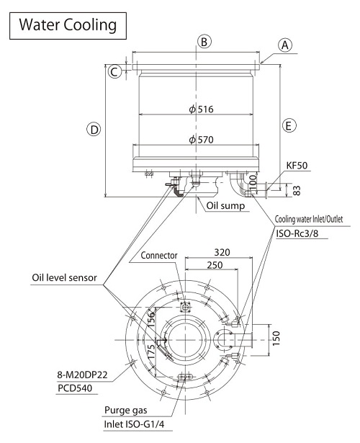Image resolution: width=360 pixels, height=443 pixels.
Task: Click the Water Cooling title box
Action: (68, 26)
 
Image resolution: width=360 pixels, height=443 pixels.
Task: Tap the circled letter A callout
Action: (285, 45)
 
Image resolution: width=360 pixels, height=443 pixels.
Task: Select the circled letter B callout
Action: (204, 42)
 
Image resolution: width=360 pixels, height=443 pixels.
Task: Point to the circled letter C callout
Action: (114, 71)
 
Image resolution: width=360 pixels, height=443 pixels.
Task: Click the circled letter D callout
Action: (94, 130)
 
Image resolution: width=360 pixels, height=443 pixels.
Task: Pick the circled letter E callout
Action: (289, 125)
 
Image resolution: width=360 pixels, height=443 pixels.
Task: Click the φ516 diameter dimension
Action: (201, 109)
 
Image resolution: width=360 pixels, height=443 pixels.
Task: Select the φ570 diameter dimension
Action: (201, 140)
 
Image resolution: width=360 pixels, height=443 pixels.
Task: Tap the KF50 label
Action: (297, 165)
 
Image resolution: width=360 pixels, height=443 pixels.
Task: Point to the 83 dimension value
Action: (297, 190)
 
